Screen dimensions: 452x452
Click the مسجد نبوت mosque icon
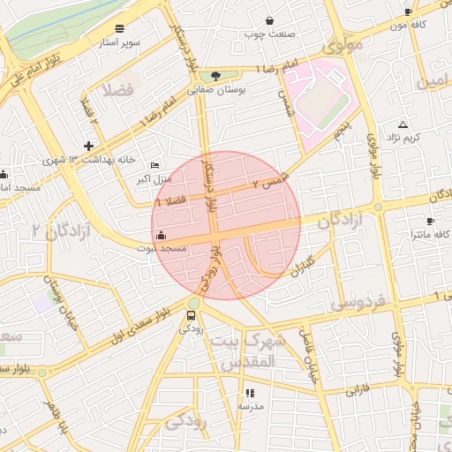click(x=160, y=235)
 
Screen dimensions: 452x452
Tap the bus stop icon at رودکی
click(x=192, y=314)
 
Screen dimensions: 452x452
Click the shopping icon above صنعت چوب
click(x=268, y=20)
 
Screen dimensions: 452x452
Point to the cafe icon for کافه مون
click(x=407, y=11)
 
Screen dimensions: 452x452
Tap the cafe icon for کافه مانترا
click(x=430, y=221)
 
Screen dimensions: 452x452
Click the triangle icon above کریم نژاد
click(x=403, y=124)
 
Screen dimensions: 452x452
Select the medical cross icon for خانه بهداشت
click(x=88, y=145)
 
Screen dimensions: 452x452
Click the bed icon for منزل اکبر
click(x=155, y=165)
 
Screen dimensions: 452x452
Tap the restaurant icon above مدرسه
click(x=250, y=392)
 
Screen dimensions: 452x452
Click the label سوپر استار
click(x=122, y=41)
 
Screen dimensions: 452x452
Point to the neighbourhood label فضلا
click(x=117, y=89)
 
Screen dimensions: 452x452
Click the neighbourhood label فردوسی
click(x=357, y=303)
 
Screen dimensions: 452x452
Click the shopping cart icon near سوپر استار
click(x=119, y=27)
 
